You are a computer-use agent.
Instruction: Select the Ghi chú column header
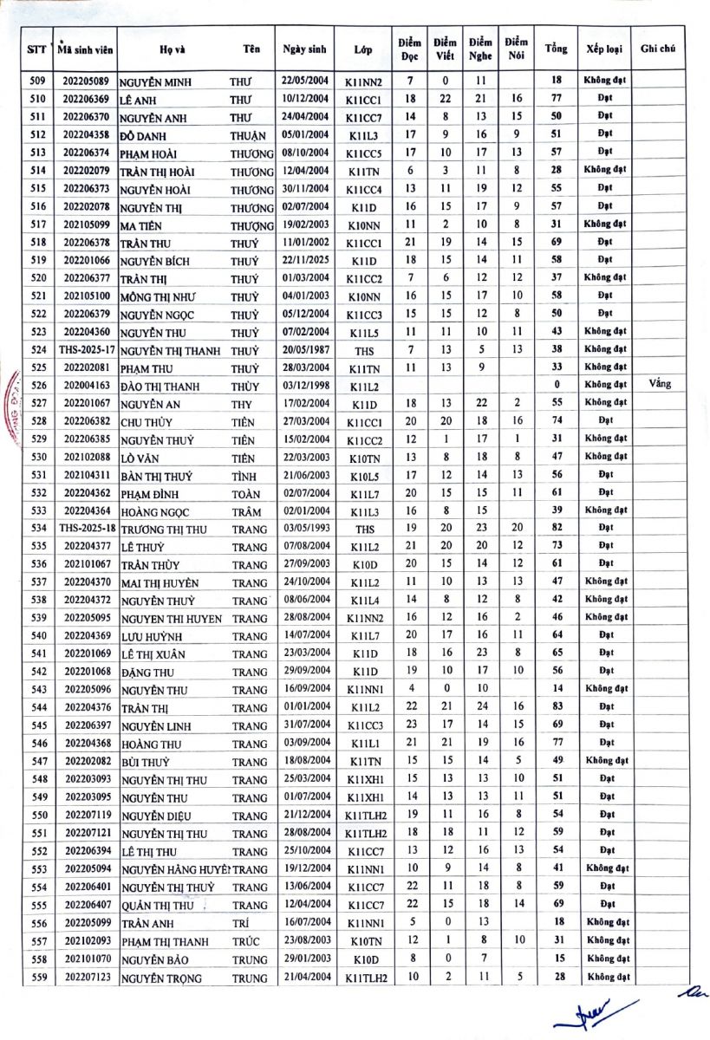click(x=658, y=49)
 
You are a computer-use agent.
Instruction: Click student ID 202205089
click(x=85, y=81)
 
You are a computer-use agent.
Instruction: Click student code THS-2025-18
click(x=85, y=528)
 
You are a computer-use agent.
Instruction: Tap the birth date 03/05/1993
click(x=303, y=528)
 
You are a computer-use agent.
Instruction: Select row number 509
click(x=37, y=81)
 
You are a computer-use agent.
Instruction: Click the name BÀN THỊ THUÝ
click(x=157, y=476)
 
